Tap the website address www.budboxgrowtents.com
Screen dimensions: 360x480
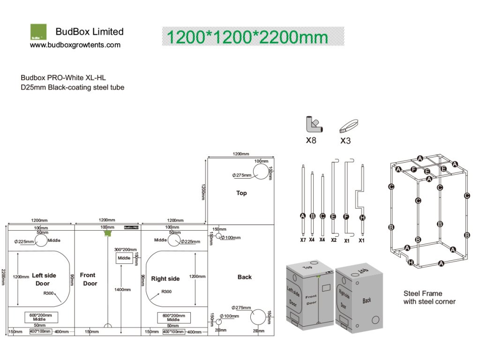[75, 45]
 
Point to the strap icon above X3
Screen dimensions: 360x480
[349, 126]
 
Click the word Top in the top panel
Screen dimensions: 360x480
[241, 193]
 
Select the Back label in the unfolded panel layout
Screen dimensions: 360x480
[244, 277]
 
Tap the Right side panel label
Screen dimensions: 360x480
[165, 279]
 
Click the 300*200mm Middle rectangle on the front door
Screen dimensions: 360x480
[124, 258]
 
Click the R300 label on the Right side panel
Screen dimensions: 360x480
[166, 292]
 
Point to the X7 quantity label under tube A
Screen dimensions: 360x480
[303, 240]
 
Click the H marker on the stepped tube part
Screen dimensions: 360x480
[362, 217]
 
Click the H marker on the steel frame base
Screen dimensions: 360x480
[411, 262]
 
